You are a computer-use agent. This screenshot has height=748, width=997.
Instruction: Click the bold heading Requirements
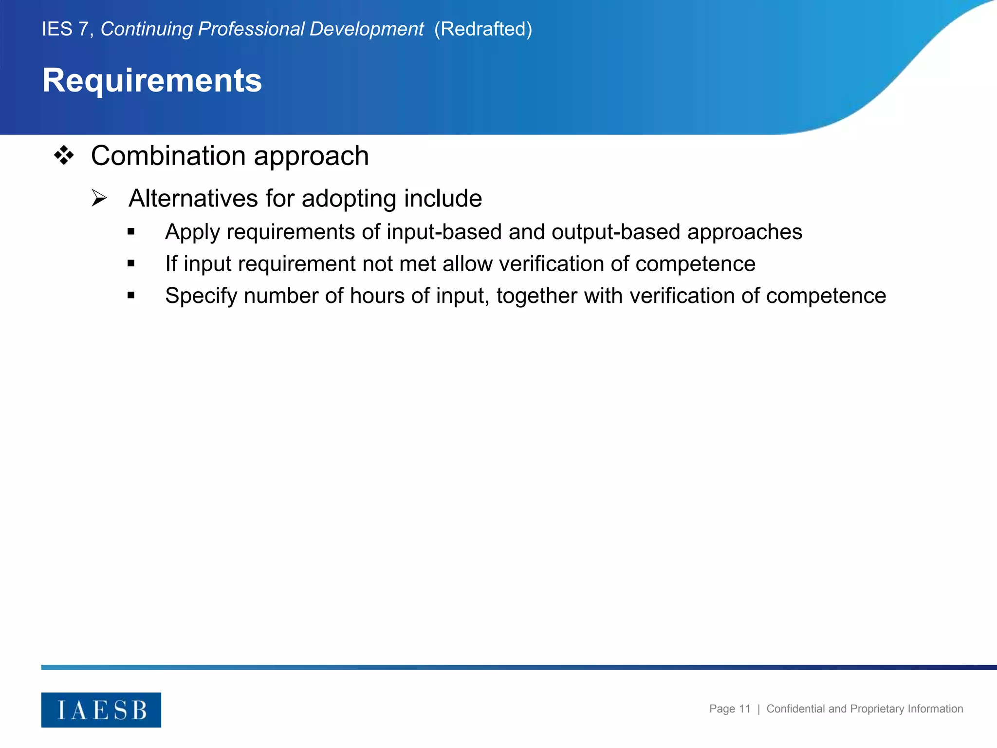coord(152,80)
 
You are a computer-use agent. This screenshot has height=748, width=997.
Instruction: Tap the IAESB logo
coord(101,710)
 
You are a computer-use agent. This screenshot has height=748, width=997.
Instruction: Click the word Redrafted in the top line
coord(483,29)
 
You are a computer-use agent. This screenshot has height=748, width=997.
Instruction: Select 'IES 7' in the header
coord(65,29)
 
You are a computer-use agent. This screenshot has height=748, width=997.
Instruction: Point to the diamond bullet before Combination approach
coord(64,156)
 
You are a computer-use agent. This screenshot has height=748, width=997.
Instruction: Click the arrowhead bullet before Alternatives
coord(99,198)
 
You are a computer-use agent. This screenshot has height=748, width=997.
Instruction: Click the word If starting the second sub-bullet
coord(171,264)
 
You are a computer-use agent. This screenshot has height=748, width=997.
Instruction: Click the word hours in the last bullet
coord(377,296)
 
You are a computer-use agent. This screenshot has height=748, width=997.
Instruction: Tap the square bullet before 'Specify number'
coord(131,295)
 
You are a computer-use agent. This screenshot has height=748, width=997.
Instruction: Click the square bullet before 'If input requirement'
coord(131,263)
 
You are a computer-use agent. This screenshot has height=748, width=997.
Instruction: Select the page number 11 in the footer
coord(744,709)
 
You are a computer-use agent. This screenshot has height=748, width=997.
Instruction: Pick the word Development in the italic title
coord(366,29)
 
